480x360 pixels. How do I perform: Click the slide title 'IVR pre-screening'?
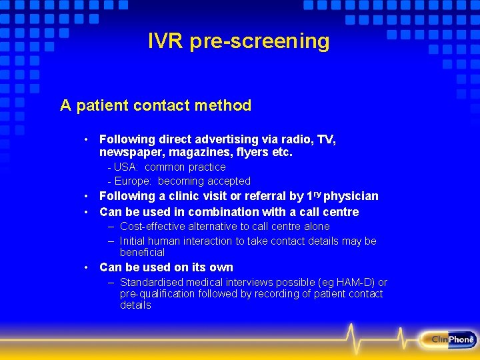point(239,41)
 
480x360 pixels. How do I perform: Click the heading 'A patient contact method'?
point(155,105)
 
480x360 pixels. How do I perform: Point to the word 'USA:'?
point(127,167)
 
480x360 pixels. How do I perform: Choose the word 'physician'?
point(351,196)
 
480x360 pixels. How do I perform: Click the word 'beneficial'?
point(142,253)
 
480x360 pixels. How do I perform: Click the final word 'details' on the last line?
point(135,305)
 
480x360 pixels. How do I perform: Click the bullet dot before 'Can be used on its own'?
point(87,267)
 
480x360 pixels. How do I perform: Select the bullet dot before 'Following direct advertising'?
point(87,139)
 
